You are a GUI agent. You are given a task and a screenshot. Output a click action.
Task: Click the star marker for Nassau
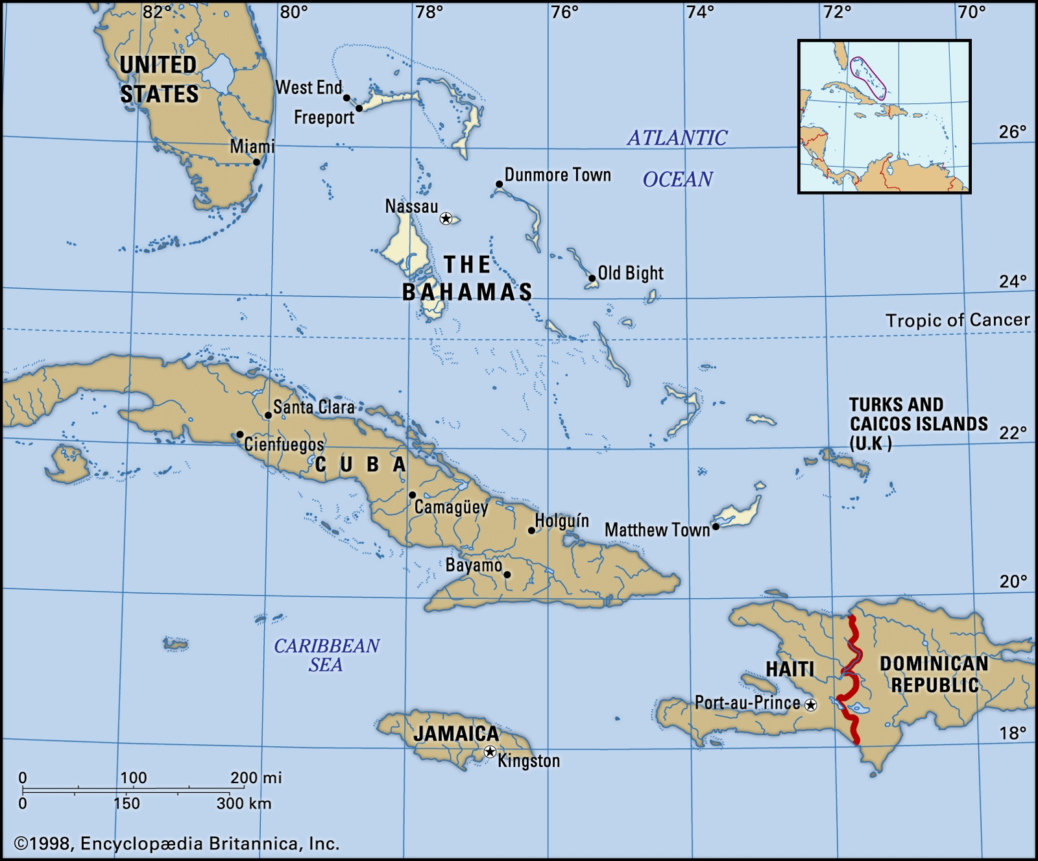tap(446, 218)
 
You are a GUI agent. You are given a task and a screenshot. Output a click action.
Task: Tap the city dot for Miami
tap(257, 162)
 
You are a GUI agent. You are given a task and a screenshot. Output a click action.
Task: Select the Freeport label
tap(324, 117)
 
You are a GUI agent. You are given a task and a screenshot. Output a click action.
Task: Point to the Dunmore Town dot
tap(499, 184)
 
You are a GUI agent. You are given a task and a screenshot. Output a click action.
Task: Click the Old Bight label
tap(631, 273)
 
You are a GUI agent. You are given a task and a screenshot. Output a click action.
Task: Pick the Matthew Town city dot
tap(716, 526)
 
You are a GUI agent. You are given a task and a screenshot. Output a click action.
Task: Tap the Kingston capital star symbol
tap(490, 751)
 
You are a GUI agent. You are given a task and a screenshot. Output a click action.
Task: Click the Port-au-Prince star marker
tap(810, 705)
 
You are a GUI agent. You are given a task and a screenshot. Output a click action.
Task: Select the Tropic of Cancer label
tap(958, 320)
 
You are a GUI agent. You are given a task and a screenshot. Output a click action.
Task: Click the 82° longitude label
tap(158, 12)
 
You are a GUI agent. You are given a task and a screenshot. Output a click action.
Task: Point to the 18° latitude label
tap(1013, 733)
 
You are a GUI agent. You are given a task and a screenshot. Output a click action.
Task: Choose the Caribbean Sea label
tap(326, 655)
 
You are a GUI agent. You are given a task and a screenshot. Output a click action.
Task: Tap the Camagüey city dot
tap(412, 495)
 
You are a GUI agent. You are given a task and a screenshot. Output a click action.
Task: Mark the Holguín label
tap(562, 521)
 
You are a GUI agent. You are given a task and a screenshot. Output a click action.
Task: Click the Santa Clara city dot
tap(268, 415)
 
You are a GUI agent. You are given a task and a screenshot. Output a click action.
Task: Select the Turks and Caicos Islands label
tap(918, 424)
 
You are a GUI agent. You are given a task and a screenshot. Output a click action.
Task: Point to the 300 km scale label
tap(244, 803)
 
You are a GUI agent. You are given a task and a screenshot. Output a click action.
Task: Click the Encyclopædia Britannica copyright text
tap(176, 843)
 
